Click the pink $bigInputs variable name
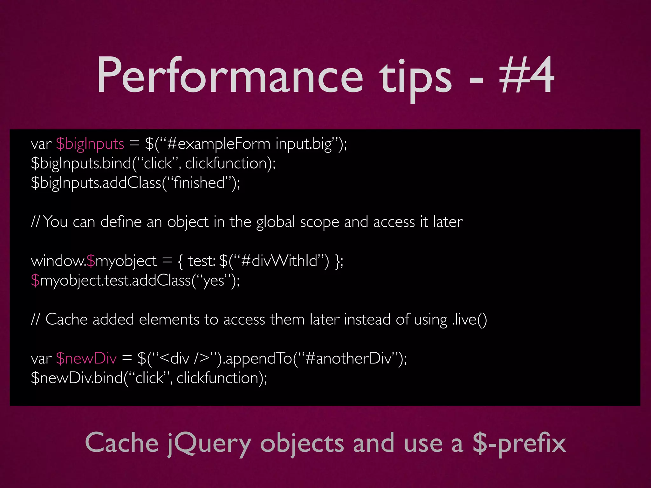click(90, 144)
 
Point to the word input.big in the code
click(304, 144)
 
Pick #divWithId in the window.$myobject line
click(279, 261)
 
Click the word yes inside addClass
click(214, 281)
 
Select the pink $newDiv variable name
click(86, 359)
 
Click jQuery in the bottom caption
click(210, 444)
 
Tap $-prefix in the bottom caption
click(519, 444)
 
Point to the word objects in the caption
click(302, 444)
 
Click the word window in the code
click(58, 261)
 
